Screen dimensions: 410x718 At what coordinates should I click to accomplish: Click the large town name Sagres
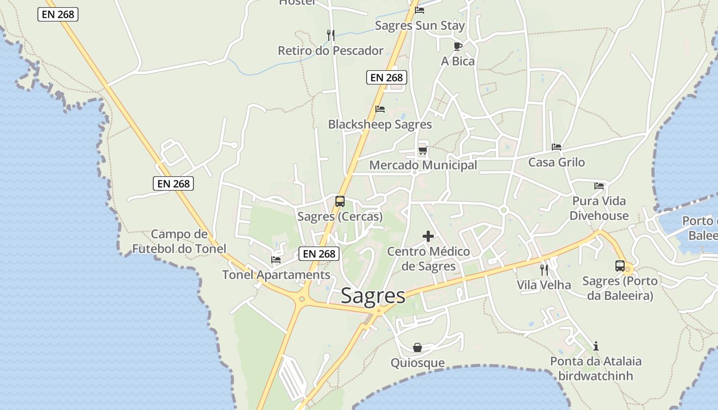373,296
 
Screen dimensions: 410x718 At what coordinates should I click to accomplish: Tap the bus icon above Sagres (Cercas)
340,201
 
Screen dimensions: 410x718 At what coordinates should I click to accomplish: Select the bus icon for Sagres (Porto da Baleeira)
620,266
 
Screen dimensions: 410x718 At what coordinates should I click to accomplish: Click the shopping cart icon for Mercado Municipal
423,150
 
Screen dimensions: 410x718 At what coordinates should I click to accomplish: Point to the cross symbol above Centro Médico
428,236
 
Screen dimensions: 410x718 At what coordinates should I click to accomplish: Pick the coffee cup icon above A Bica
458,46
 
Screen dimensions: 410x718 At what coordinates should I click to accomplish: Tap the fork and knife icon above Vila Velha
544,270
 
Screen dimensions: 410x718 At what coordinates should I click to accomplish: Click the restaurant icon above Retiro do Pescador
331,35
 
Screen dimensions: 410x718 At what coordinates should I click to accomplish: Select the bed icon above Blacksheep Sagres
380,109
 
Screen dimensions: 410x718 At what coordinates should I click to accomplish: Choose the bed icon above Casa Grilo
556,147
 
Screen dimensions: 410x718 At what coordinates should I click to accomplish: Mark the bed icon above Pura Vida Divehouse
599,186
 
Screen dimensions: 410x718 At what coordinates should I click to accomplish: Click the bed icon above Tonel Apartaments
276,260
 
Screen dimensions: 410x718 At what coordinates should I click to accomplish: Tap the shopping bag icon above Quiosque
417,347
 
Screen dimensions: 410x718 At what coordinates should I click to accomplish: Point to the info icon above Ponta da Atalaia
595,346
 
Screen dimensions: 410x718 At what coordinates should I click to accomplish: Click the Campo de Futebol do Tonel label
179,241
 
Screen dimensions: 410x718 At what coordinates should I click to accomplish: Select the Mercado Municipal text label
423,165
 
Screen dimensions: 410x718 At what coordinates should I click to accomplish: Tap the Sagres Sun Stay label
420,26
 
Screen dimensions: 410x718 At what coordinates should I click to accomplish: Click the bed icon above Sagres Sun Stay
420,10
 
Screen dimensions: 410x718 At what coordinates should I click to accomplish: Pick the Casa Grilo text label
556,162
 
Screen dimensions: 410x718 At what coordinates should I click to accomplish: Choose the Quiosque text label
417,363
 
